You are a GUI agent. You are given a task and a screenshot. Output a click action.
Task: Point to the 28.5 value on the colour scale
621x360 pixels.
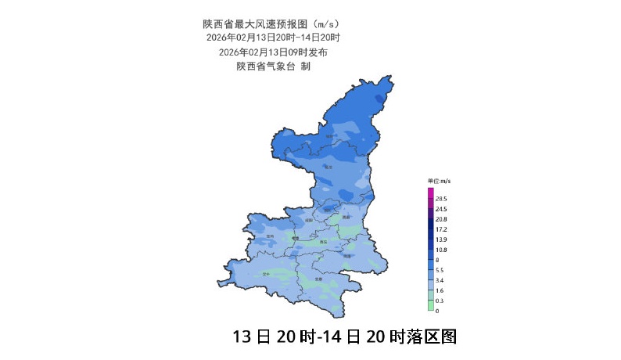440,200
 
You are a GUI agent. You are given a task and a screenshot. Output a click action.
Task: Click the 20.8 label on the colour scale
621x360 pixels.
440,219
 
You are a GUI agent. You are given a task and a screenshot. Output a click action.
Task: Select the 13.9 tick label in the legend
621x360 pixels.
440,239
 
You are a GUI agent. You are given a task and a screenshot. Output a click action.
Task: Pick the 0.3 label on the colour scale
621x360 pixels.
440,301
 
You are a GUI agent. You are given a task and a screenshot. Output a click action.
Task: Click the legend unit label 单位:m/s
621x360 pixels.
439,182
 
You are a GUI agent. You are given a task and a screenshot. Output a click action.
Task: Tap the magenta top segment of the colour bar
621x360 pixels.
430,193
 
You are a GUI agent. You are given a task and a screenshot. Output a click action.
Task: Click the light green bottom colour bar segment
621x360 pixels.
430,306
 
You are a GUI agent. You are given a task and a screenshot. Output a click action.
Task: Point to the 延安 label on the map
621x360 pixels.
329,167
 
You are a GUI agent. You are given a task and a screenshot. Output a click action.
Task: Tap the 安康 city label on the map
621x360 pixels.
318,279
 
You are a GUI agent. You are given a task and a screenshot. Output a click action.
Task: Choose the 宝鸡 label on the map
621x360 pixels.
270,236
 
